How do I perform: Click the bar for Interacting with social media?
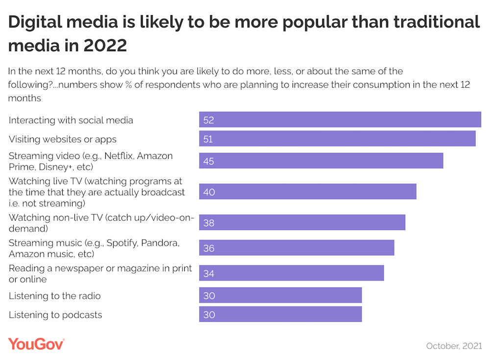pyautogui.click(x=340, y=120)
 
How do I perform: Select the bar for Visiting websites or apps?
pyautogui.click(x=337, y=139)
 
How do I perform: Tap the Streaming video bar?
pyautogui.click(x=321, y=161)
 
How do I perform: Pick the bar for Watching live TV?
pyautogui.click(x=308, y=192)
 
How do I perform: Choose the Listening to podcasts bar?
pyautogui.click(x=280, y=314)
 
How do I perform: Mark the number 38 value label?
pyautogui.click(x=209, y=223)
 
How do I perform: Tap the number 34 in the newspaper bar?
pyautogui.click(x=209, y=274)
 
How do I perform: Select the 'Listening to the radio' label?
pyautogui.click(x=54, y=296)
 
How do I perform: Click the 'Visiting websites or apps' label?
pyautogui.click(x=63, y=139)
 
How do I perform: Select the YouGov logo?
pyautogui.click(x=36, y=344)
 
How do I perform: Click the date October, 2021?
pyautogui.click(x=453, y=346)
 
